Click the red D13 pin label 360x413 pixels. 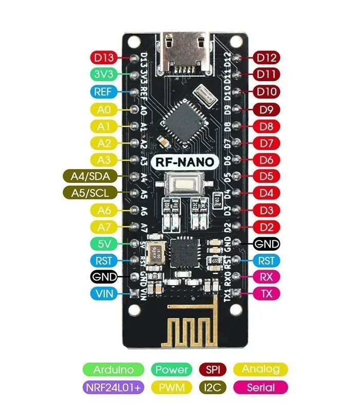coord(104,58)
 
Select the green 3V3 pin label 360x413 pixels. coord(104,74)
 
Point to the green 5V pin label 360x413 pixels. coord(104,243)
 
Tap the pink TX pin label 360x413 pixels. coord(267,294)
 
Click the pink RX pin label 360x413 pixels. coord(267,277)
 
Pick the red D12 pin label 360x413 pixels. coord(267,58)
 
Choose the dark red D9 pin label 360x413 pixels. coord(267,109)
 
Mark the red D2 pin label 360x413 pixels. coord(267,227)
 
